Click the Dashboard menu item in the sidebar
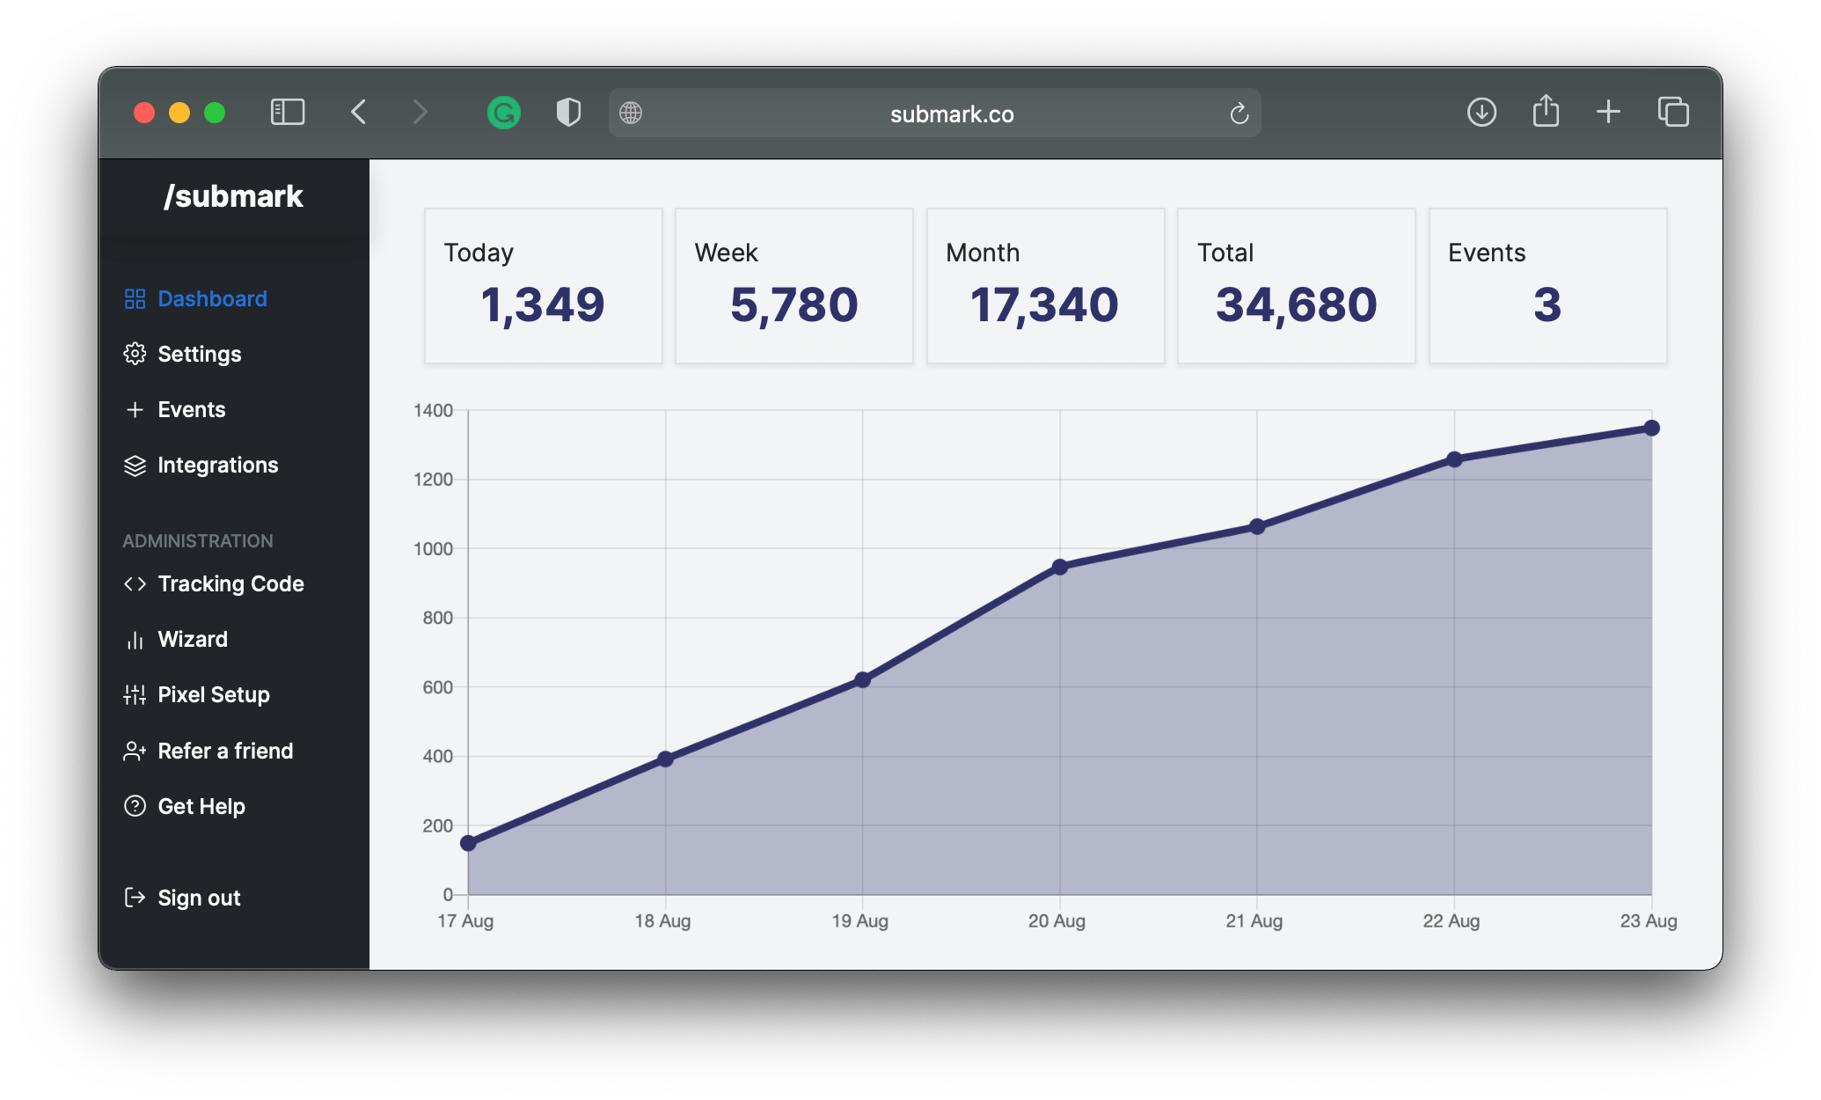(x=211, y=299)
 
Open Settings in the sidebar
(x=199, y=355)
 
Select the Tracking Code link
(x=230, y=584)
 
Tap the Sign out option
(x=199, y=898)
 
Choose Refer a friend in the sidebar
(x=225, y=752)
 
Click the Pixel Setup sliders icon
(x=135, y=695)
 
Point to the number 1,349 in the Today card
(x=543, y=305)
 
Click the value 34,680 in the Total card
(x=1296, y=305)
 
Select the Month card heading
(x=983, y=253)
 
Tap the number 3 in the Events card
(x=1547, y=305)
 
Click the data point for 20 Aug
(x=1060, y=567)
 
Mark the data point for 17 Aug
(x=468, y=843)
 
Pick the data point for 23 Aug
(x=1651, y=428)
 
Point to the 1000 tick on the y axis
(x=433, y=549)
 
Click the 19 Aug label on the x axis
(x=859, y=921)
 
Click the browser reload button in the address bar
(x=1239, y=114)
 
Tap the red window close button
(x=144, y=113)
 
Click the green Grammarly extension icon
(x=504, y=113)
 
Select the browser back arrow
(x=359, y=113)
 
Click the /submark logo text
(x=233, y=196)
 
